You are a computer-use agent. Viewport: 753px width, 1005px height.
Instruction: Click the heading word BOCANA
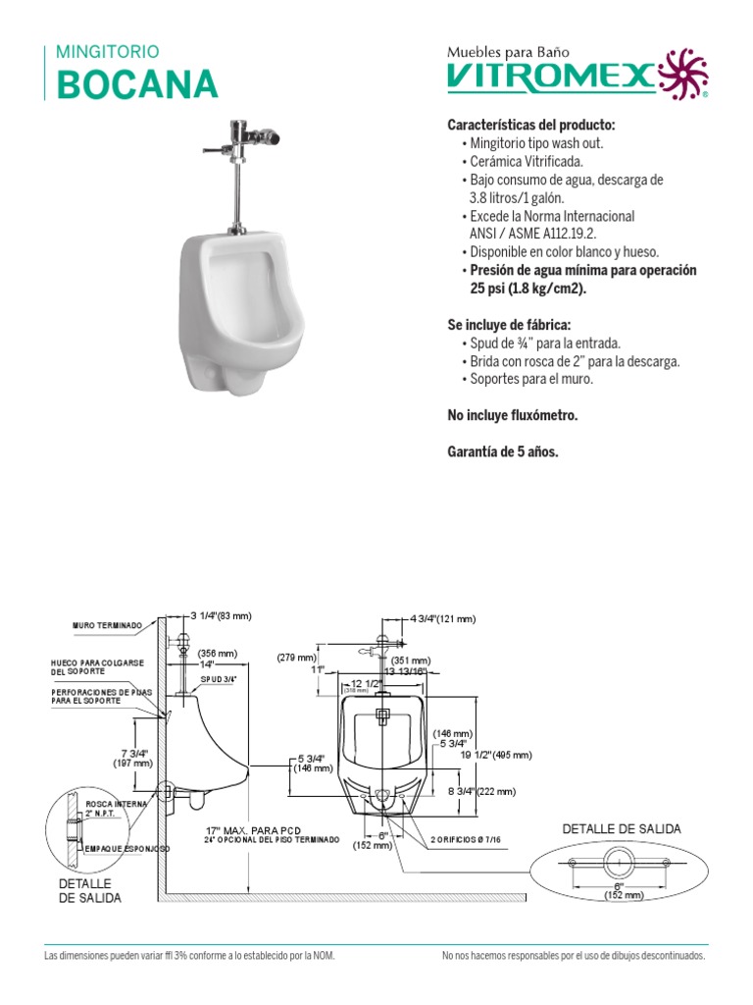coord(137,84)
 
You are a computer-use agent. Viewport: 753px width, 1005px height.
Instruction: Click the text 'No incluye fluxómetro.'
coord(513,416)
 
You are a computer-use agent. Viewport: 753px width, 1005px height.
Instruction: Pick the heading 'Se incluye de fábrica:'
coord(508,325)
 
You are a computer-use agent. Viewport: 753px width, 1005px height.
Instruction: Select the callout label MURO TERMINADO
coord(108,625)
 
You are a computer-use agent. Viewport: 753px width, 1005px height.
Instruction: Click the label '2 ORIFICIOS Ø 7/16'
coord(466,840)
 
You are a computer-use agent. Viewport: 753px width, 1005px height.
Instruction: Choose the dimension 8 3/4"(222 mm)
coord(480,791)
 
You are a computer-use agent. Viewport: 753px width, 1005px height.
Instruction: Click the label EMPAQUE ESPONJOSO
coord(127,848)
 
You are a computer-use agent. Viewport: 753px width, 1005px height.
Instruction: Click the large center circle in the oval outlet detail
coord(617,863)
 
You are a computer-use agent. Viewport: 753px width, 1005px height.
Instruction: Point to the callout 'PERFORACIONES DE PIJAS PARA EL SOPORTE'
coord(99,696)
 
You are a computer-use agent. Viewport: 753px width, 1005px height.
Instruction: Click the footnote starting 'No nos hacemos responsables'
coord(573,955)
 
